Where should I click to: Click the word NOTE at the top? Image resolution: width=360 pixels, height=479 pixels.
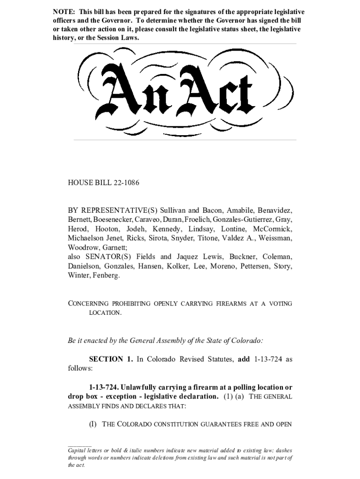coord(63,12)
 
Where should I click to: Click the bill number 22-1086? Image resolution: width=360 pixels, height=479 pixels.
coord(123,183)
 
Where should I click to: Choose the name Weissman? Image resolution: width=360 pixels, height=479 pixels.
coord(275,238)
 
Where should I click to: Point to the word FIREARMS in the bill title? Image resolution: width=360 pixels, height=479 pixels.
coord(230,304)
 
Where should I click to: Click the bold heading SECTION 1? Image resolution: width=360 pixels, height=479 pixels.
coord(111,359)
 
